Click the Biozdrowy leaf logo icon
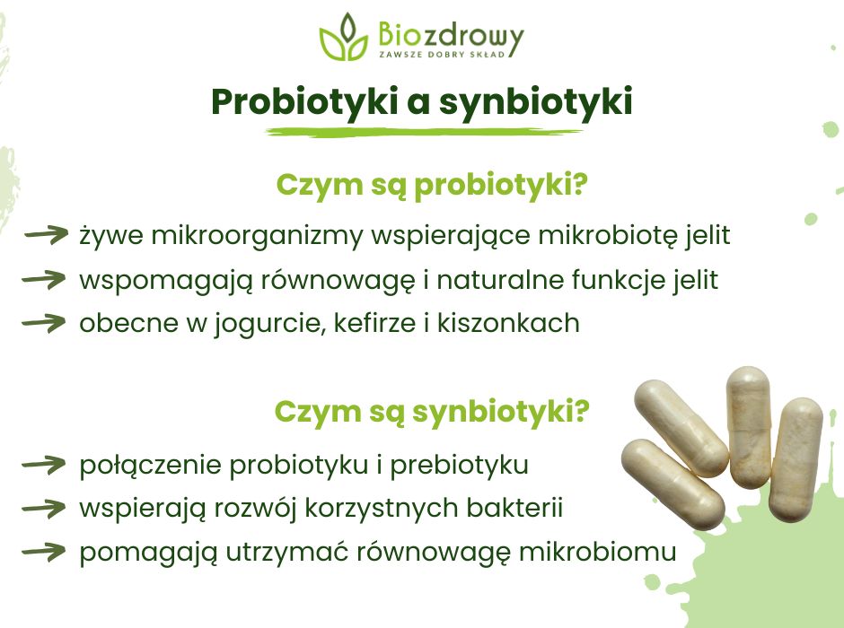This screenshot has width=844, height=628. pos(343,38)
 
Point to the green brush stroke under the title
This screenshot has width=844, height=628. pos(422,132)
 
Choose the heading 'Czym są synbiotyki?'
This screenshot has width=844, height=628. pos(431,412)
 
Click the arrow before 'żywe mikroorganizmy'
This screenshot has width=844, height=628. pos(47,236)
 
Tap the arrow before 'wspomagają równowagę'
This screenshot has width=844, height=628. pos(47,280)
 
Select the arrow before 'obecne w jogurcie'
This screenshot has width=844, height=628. pos(47,323)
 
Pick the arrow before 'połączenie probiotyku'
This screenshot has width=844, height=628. pos(47,466)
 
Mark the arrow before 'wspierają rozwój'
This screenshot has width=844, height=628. pos(47,509)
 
